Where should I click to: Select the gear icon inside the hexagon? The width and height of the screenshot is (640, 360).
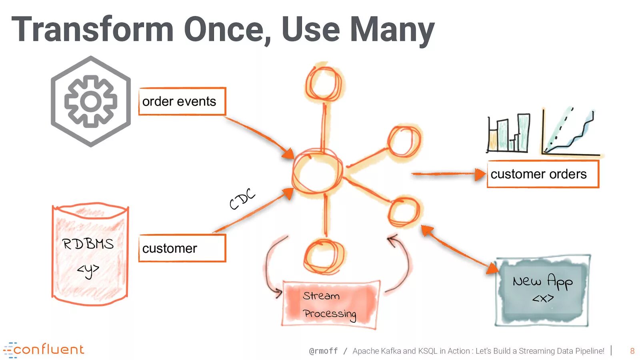[x=91, y=101]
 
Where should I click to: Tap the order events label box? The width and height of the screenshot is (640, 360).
[x=182, y=102]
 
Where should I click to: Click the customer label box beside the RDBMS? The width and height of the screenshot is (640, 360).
[x=182, y=248]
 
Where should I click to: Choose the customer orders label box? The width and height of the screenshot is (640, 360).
[x=543, y=174]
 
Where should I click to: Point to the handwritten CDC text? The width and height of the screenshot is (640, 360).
[x=242, y=198]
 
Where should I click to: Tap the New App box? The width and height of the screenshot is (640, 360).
[x=542, y=290]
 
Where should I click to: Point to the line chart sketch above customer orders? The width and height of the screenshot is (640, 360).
[x=570, y=132]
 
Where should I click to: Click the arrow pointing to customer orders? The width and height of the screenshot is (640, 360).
[x=448, y=174]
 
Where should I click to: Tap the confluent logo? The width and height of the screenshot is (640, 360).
[x=44, y=350]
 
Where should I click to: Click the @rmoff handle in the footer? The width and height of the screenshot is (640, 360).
[x=323, y=351]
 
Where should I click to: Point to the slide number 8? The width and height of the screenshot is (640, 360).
[x=632, y=351]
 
